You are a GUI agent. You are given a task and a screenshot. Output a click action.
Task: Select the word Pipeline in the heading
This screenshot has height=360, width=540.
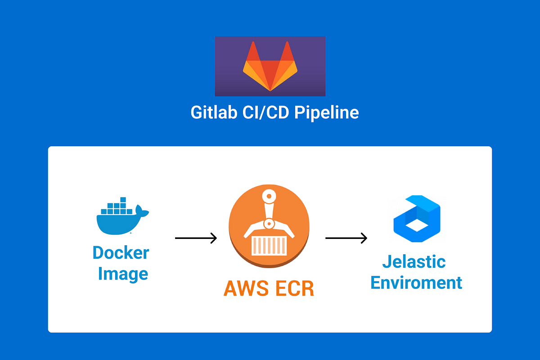click(327, 112)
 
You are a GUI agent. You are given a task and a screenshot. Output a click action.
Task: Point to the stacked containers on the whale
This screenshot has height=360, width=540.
click(118, 207)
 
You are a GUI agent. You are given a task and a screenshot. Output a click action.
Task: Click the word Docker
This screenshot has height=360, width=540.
click(121, 252)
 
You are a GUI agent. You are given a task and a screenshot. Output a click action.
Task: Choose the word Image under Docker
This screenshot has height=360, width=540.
click(123, 274)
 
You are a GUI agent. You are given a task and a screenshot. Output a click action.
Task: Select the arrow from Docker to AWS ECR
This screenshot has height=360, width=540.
click(196, 238)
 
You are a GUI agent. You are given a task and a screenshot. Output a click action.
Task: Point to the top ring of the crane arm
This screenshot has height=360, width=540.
click(269, 196)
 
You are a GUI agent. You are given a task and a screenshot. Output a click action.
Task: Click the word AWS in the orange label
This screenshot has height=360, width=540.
click(246, 288)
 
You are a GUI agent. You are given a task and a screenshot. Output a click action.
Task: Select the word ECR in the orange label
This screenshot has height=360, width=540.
click(294, 288)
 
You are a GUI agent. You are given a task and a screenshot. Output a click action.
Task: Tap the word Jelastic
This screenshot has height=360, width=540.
click(414, 261)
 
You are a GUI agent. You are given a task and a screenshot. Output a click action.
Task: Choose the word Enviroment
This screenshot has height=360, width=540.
click(416, 283)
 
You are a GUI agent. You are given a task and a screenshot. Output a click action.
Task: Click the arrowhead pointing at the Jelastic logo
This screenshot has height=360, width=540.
click(364, 238)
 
